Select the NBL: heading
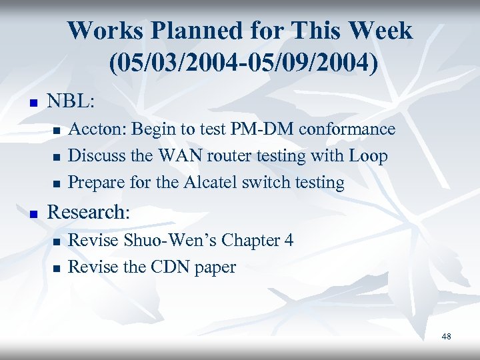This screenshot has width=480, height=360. [71, 101]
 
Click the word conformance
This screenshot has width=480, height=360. [347, 129]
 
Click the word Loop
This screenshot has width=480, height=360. [366, 156]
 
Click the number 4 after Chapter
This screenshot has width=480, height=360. [288, 240]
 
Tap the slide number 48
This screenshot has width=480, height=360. [446, 337]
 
